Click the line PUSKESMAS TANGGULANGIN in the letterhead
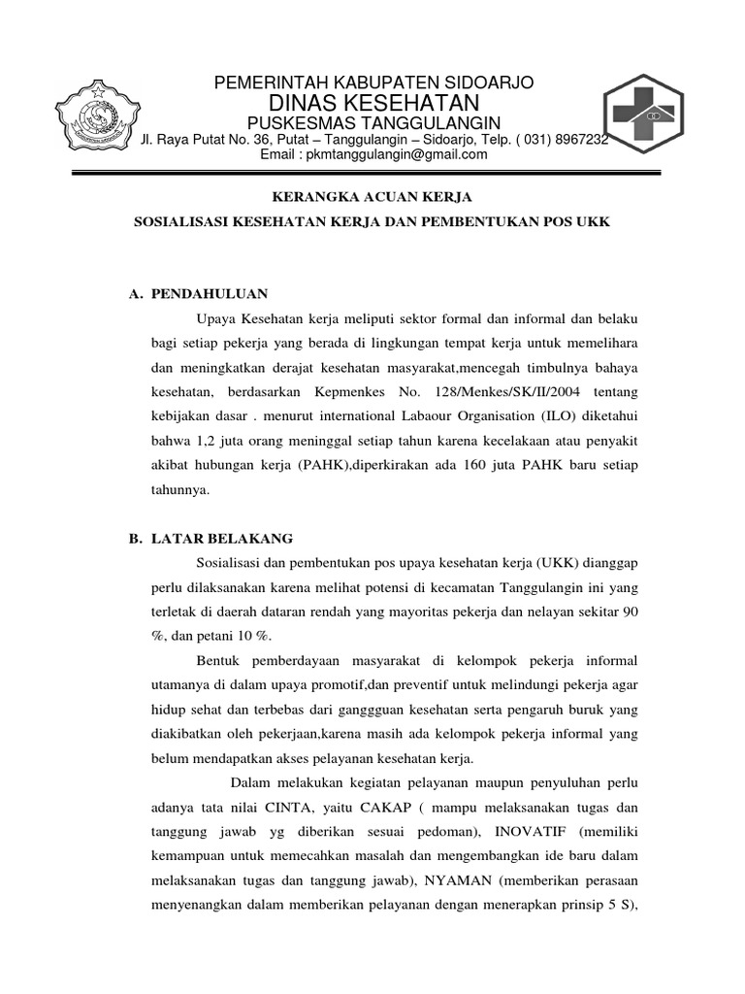tap(372, 121)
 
